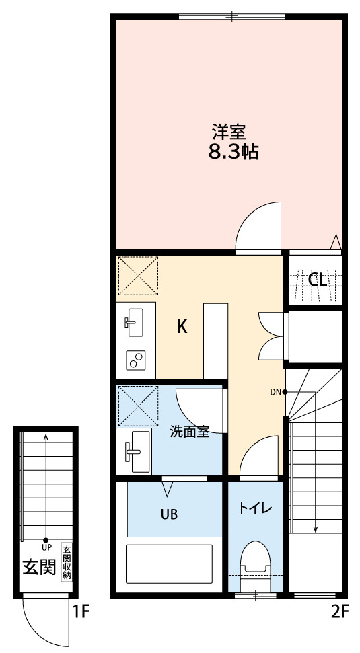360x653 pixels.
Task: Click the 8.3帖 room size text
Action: pos(233,152)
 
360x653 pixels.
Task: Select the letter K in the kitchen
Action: pos(182,327)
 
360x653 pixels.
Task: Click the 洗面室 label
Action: pos(189,431)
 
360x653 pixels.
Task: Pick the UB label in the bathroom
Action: pos(170,515)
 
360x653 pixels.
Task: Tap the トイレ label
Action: pos(256,508)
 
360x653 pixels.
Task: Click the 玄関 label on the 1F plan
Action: pos(39,568)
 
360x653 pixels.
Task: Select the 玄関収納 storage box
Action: pos(67,563)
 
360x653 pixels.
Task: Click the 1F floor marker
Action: pos(81,612)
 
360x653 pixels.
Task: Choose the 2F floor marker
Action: pos(340,612)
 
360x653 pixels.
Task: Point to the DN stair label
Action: pos(275,391)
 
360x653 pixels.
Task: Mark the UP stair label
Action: pos(46,547)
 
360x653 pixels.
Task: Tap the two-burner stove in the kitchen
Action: pos(136,360)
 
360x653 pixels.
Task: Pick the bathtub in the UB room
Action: pos(170,564)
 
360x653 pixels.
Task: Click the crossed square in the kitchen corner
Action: pos(138,275)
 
